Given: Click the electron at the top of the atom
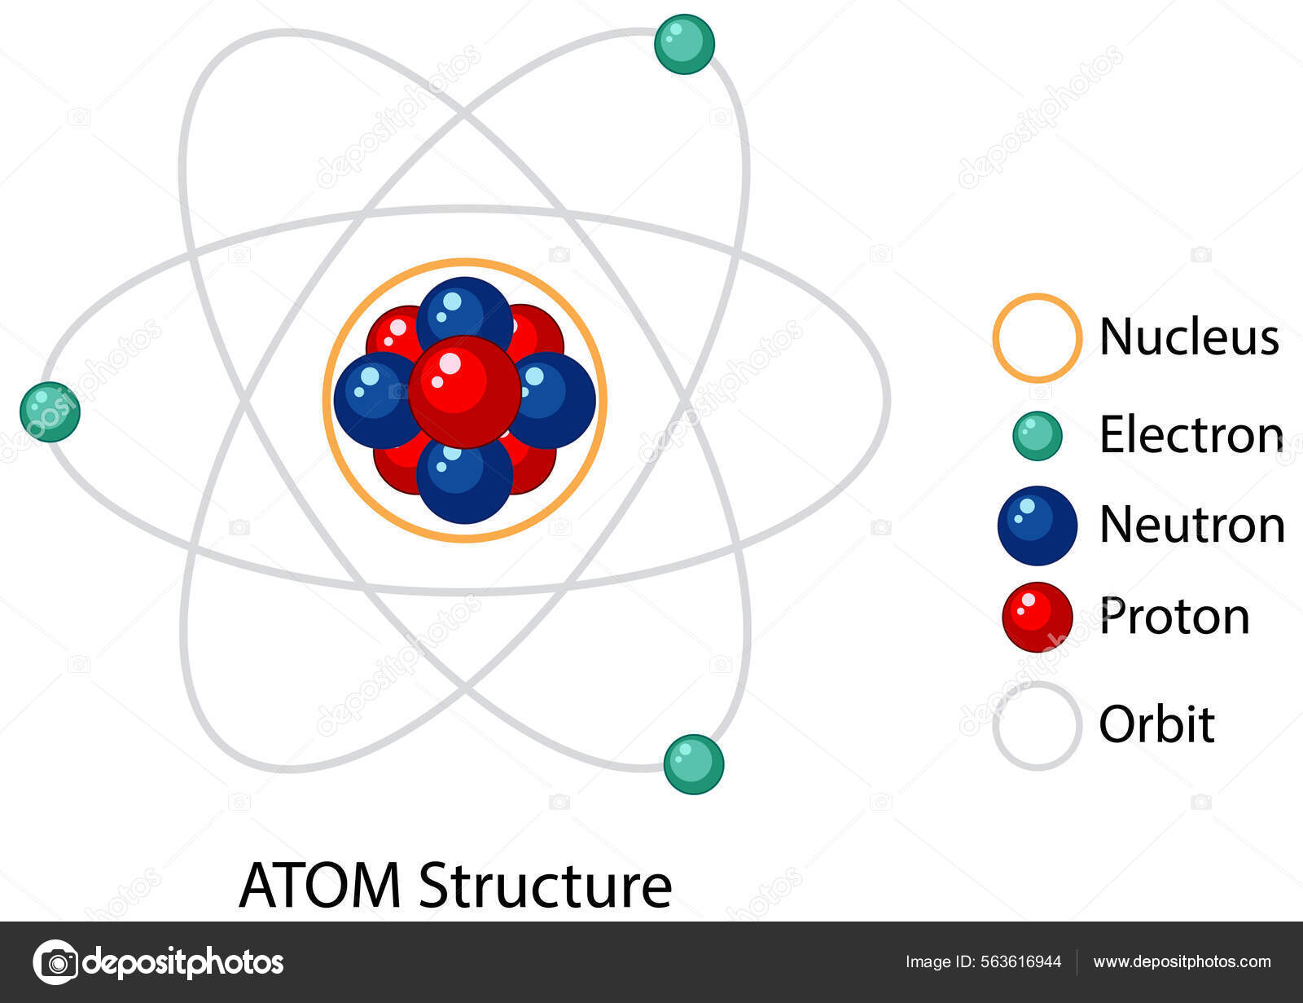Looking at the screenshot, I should click(x=684, y=44).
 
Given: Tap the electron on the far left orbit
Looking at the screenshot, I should click(x=50, y=411).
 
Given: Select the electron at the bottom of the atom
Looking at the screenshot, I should click(x=693, y=763).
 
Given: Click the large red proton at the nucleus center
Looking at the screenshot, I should click(x=464, y=392).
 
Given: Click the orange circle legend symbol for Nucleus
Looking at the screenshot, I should click(x=1037, y=337).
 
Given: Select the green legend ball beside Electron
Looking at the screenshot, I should click(x=1037, y=436).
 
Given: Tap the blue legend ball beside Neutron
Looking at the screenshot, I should click(x=1037, y=526).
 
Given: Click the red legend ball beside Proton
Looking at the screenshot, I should click(x=1037, y=617).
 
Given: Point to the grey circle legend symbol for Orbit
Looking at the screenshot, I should click(x=1037, y=725).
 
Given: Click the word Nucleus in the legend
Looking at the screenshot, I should click(x=1188, y=336).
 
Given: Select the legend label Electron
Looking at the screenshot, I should click(x=1191, y=434).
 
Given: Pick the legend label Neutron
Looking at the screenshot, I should click(x=1191, y=525).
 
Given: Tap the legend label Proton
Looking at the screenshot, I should click(x=1174, y=616).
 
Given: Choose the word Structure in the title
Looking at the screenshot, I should click(x=545, y=885).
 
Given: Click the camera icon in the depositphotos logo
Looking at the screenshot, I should click(x=55, y=962).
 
